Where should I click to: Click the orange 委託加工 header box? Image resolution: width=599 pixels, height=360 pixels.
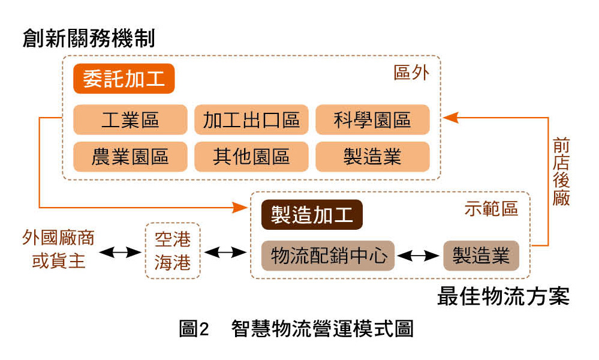point(124,79)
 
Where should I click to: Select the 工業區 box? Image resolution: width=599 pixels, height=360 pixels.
point(130,119)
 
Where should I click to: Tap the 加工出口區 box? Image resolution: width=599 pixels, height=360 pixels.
point(251,119)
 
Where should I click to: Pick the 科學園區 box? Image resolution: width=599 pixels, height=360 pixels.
point(372,119)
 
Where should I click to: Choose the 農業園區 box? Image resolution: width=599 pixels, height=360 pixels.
point(130,157)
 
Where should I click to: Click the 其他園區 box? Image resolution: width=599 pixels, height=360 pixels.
point(251,157)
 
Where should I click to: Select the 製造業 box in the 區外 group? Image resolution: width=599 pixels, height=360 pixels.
point(372,157)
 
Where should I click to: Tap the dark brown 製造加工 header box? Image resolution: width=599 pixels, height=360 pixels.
point(312,215)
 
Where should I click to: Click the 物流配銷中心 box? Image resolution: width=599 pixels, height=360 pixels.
point(328,256)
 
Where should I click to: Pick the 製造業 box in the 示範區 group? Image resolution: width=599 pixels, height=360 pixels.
point(481,256)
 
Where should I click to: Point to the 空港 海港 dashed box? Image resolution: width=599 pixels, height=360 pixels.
point(173,251)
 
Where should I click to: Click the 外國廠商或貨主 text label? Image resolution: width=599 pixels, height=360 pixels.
point(58,250)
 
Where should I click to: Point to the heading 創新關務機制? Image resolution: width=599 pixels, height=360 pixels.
point(89,39)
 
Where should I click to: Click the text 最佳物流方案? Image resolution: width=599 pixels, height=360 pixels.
point(503,297)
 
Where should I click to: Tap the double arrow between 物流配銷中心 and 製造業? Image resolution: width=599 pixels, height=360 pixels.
point(419,256)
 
